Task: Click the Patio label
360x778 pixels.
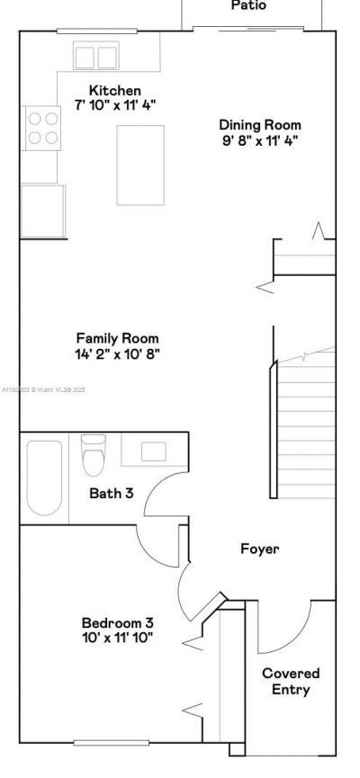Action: click(x=248, y=5)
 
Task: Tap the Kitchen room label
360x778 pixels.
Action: click(x=114, y=90)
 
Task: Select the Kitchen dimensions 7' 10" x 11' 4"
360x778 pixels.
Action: click(x=114, y=104)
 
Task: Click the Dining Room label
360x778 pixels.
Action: click(x=260, y=125)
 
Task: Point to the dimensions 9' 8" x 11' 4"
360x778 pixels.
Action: click(x=260, y=139)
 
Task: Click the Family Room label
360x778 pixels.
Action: click(x=118, y=338)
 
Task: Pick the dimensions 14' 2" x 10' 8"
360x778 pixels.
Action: click(x=118, y=353)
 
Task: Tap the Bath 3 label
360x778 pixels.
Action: click(x=112, y=492)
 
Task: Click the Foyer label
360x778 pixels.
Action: click(x=259, y=548)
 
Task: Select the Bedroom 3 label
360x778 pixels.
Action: click(x=117, y=622)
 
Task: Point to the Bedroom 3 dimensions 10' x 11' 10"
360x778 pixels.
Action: click(x=117, y=637)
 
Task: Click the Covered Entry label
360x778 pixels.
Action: click(x=291, y=681)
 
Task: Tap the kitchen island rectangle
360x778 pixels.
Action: click(x=140, y=165)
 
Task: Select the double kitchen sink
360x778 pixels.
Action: click(x=95, y=57)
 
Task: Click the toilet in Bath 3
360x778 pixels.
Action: click(x=93, y=457)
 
